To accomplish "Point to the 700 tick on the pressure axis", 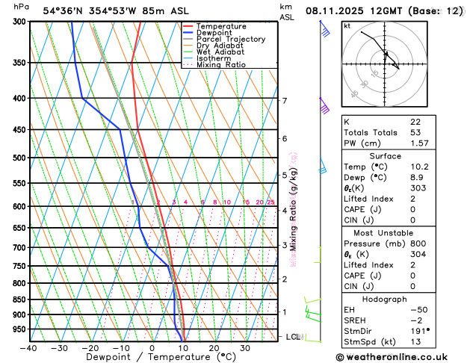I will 18,247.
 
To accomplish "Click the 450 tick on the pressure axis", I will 18,130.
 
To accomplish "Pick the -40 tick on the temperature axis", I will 28,348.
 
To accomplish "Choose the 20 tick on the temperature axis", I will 214,348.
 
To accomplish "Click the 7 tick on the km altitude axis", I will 284,100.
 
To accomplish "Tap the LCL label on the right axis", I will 293,337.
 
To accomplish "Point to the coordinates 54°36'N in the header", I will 65,11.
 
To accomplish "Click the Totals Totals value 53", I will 415,132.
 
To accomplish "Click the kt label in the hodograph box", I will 347,26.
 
